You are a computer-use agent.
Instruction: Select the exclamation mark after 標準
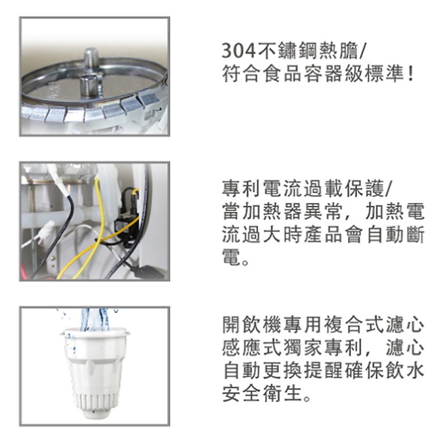point(411,74)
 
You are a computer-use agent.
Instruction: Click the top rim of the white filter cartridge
point(95,333)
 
